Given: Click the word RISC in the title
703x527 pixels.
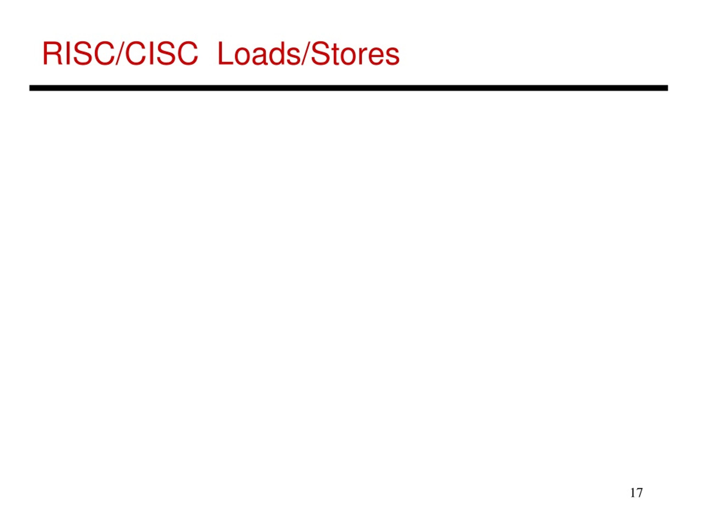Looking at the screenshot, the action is click(79, 54).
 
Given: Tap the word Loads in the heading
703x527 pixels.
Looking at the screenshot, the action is click(258, 54).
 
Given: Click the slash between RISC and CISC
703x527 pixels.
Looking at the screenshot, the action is click(120, 54).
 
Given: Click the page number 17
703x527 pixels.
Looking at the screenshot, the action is click(636, 493).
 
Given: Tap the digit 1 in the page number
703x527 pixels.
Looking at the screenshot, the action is click(633, 493).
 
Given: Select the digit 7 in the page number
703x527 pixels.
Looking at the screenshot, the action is click(640, 493).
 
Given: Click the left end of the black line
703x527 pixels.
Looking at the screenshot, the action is click(30, 88).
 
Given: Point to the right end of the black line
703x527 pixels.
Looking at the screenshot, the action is click(668, 88).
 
